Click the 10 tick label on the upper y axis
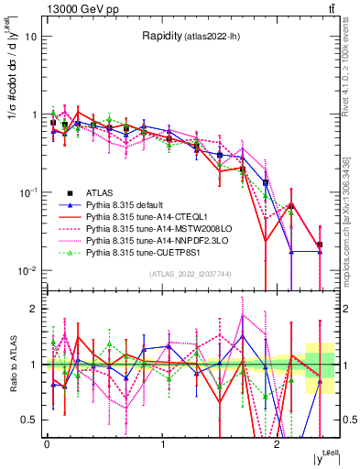pos(31,37)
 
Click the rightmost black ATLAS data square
pos(319,245)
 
